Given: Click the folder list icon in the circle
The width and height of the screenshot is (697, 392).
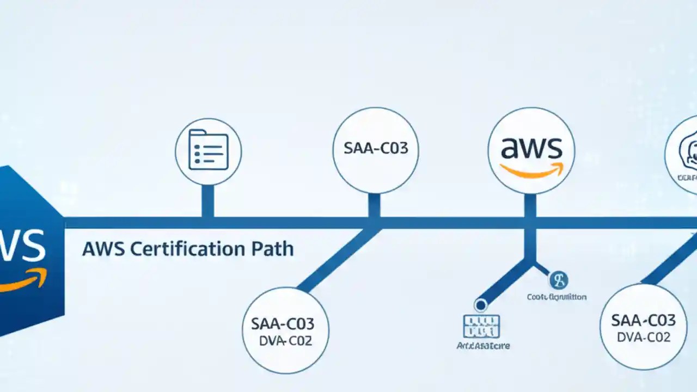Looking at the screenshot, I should point(207,150).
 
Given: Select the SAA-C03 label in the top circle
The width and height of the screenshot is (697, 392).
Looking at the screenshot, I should point(376,149).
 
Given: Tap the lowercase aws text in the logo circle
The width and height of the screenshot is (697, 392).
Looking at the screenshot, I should point(531,148).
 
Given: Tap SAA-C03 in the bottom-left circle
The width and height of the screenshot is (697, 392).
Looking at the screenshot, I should point(283,323).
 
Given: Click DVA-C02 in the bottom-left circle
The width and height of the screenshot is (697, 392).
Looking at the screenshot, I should point(285,342).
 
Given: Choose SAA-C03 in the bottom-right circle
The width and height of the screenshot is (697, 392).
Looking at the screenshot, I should point(643,320).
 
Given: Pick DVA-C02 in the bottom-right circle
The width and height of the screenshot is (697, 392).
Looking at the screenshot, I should point(643,337).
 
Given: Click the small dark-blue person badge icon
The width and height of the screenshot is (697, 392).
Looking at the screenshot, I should point(558,280).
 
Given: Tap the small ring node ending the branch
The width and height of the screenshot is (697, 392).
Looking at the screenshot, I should point(480,305).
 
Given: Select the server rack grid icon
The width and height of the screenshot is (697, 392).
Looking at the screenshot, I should point(481,326).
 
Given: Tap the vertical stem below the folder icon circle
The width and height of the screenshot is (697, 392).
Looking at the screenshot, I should point(207,200).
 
